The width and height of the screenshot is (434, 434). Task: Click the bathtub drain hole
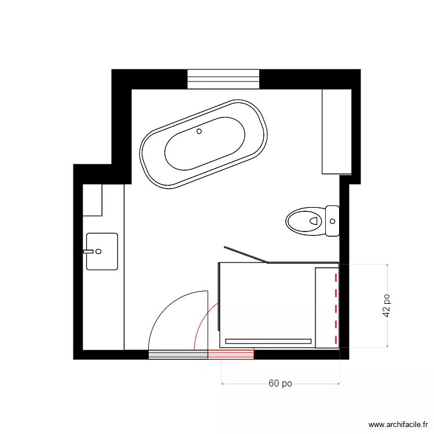199,131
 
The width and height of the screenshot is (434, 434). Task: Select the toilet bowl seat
304,220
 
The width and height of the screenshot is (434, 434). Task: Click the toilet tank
332,220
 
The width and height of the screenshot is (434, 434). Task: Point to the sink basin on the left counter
102,251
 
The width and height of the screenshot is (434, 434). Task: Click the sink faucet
89,251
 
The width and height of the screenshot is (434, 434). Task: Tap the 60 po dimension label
280,384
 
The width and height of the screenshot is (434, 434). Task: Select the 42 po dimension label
386,304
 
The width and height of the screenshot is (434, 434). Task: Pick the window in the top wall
223,79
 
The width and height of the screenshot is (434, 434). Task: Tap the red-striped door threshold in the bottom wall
231,354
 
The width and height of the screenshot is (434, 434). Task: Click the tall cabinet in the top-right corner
337,131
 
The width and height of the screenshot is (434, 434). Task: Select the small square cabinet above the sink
93,200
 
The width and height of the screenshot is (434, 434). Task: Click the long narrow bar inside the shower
268,341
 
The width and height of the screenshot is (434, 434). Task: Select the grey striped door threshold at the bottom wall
178,354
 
